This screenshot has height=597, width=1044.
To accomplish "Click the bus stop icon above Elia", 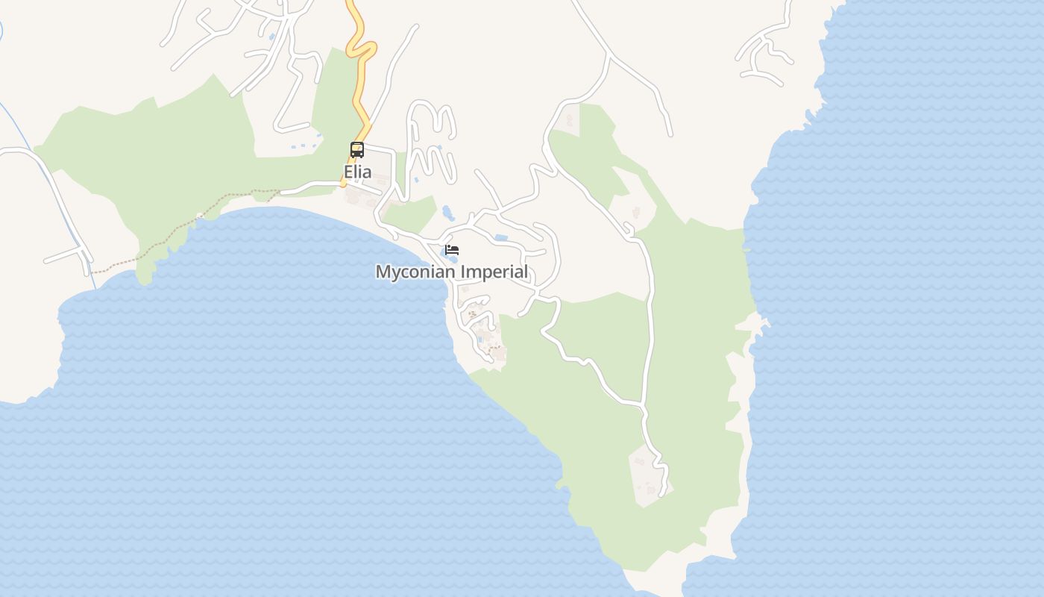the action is coord(357,150).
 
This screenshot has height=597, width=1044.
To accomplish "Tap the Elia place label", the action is coord(357,172).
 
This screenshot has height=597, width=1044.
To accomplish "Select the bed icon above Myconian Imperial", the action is coord(452,250).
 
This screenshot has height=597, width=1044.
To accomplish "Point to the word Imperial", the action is coord(494,272).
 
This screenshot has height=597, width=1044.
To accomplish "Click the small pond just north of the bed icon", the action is coord(447,213).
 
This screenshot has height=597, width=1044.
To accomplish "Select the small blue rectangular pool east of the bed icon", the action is coord(501,238).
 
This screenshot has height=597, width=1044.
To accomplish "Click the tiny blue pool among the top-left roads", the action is coord(273,36).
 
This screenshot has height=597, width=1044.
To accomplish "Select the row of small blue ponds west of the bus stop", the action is coord(306,144).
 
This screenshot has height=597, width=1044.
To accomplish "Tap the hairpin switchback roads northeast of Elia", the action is coord(433,142).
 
